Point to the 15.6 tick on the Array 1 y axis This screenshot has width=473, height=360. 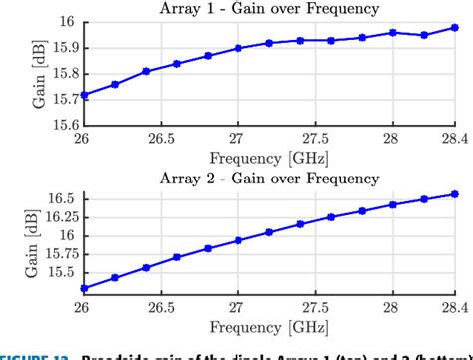click(57, 124)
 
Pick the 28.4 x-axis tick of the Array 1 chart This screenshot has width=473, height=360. click(455, 137)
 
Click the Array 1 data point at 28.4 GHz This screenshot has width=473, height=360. click(455, 28)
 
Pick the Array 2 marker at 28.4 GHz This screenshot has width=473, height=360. click(455, 194)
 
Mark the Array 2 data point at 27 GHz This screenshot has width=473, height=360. click(238, 240)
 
